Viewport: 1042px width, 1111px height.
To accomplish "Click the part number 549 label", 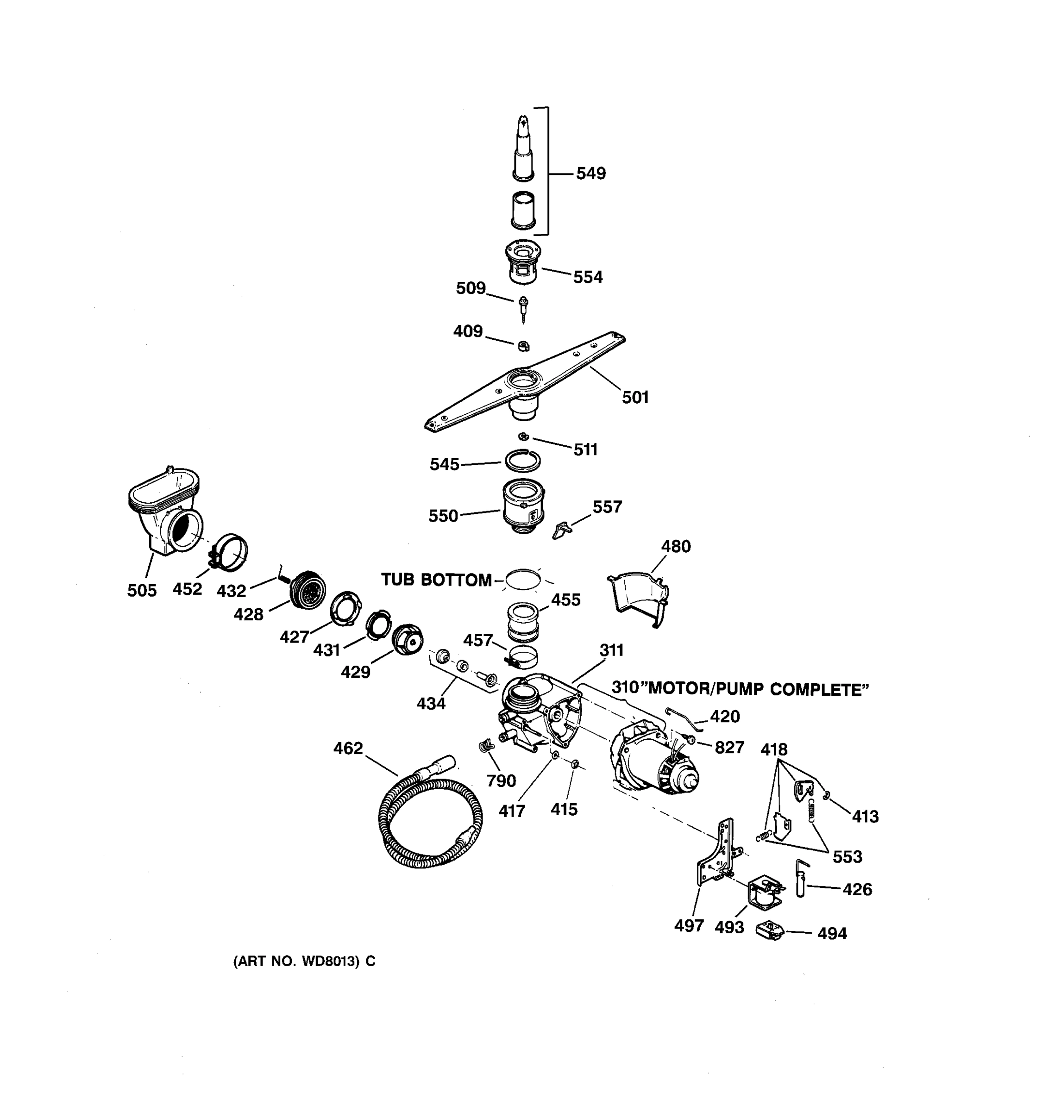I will click(590, 174).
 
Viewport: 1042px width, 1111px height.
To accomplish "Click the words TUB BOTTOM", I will click(436, 580).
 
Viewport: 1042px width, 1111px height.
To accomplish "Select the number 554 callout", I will click(588, 277).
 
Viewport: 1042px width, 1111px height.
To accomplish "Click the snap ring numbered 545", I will click(523, 461).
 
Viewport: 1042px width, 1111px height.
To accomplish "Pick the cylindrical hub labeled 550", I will click(523, 506).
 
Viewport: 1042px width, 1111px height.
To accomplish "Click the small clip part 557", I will click(561, 530).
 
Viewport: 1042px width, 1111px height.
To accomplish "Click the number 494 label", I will click(831, 933).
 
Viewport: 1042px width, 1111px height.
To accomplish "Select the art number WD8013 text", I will click(303, 961).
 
